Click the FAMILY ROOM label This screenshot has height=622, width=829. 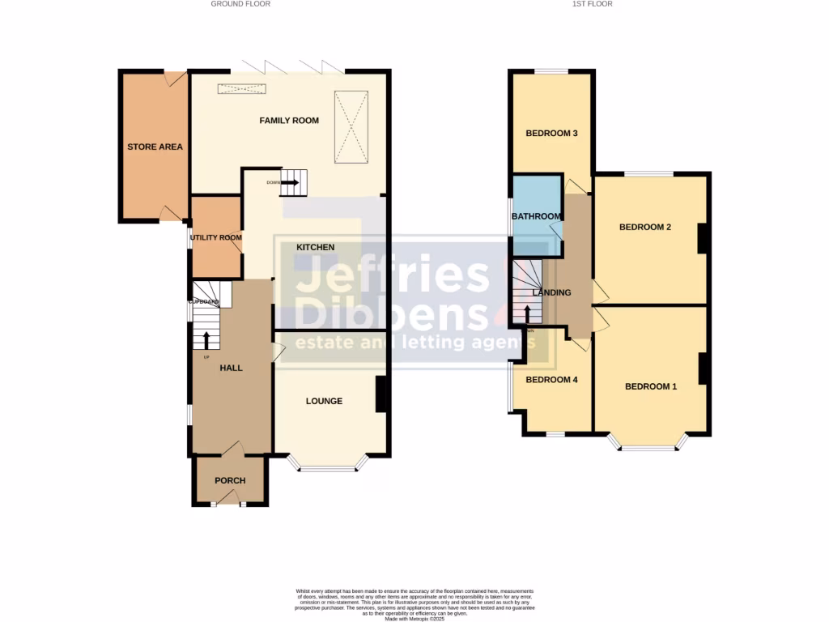289,121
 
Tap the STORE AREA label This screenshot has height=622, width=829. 155,147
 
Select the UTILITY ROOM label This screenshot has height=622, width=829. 216,237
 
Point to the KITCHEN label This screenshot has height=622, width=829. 315,247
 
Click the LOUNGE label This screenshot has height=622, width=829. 324,401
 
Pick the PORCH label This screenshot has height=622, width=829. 230,480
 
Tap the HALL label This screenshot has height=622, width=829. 232,368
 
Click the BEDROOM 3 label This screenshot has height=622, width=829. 551,134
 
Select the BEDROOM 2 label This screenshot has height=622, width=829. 645,227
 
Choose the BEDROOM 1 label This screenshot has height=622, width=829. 651,386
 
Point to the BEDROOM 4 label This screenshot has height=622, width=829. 551,379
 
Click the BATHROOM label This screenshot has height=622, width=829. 536,216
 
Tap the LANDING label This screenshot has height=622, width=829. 552,292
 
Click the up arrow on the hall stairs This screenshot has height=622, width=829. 206,339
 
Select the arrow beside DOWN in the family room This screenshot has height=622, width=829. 290,182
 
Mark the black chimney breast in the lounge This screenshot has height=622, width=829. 381,394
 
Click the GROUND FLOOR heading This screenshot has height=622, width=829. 240,4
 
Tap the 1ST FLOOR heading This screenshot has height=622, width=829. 593,4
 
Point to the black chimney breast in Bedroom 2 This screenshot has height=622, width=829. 703,237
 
